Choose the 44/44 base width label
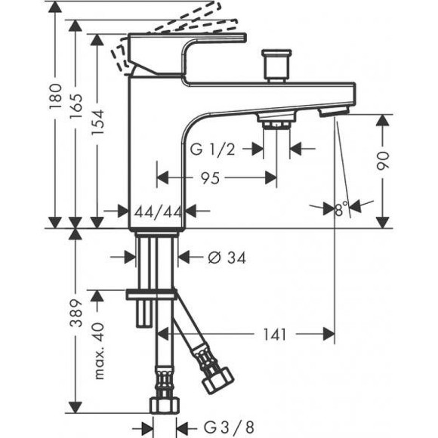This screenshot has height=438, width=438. [x=157, y=211]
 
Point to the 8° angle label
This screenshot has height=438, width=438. [x=341, y=207]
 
